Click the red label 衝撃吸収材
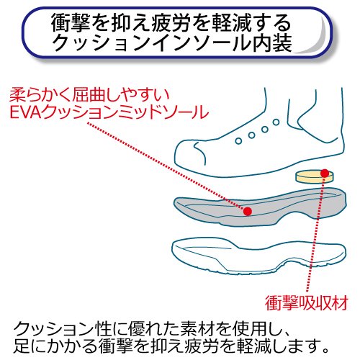(307, 303)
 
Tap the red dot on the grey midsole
(248, 211)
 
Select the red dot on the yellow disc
(325, 173)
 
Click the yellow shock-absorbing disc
(315, 176)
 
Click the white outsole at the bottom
(259, 257)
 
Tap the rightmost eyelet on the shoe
(276, 122)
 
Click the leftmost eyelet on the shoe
(238, 141)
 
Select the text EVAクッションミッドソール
(109, 112)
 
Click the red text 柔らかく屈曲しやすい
(89, 95)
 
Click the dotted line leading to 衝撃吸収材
(316, 234)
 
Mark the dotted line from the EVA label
(167, 166)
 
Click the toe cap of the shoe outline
(189, 153)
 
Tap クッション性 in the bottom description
(63, 329)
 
